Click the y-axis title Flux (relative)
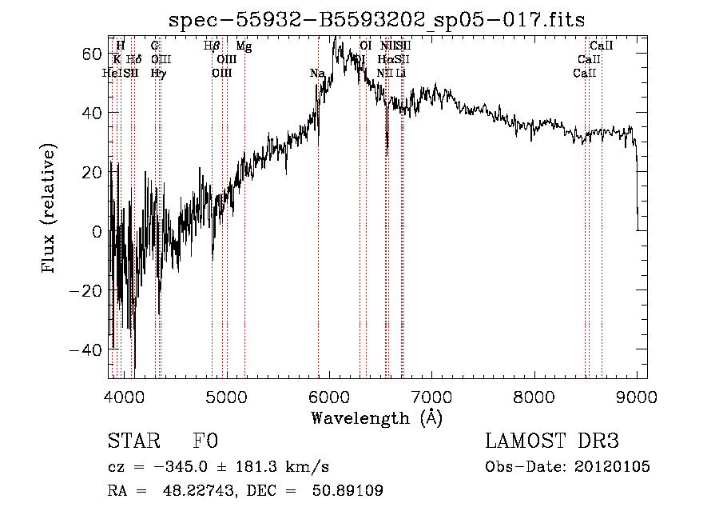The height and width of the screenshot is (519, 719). pos(50,210)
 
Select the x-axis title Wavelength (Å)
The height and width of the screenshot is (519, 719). pos(376,417)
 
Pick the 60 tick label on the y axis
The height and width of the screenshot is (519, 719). pos(93,53)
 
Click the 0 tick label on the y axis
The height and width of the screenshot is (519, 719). pos(97,232)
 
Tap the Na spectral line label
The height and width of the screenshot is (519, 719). pos(317,74)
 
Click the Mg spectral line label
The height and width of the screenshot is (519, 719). pos(244,46)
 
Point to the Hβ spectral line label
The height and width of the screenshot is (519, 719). pos(212,46)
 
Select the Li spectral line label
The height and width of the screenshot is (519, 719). pos(401,74)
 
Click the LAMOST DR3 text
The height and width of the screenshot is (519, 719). pos(552,441)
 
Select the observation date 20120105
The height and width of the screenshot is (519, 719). pos(612,467)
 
